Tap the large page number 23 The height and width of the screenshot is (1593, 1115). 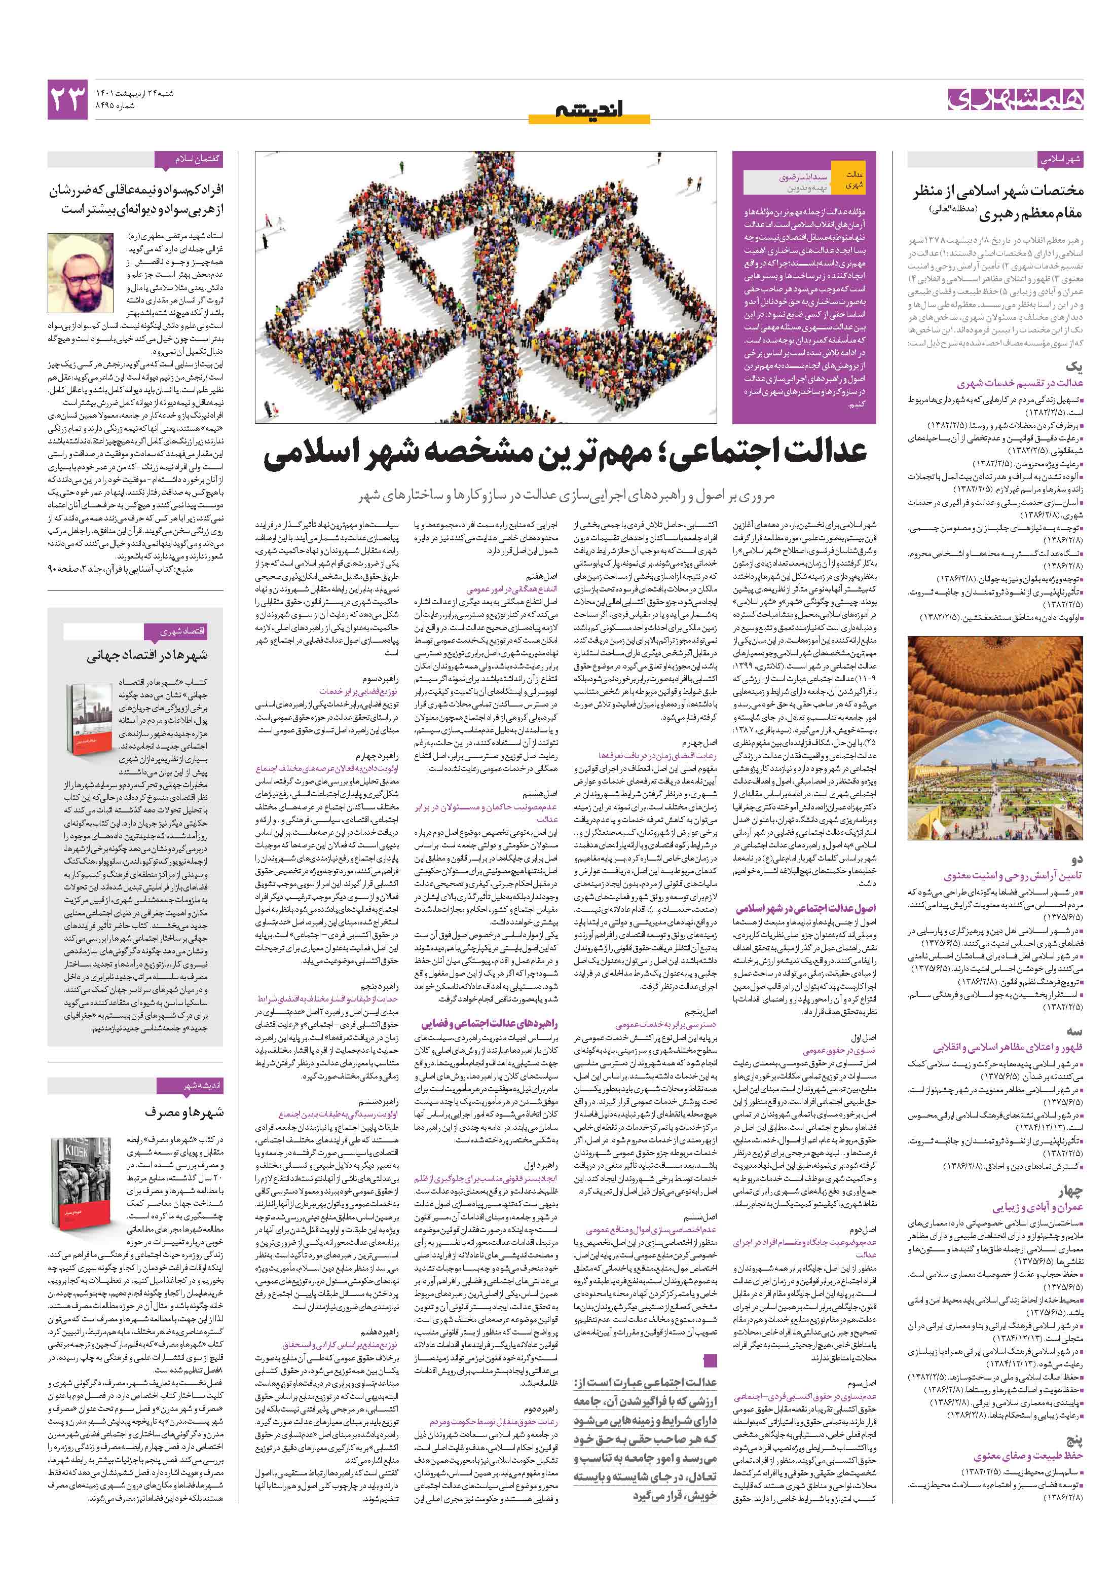coord(68,100)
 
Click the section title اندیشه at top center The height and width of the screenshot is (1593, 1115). coord(589,109)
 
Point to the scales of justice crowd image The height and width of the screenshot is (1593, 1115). coord(486,286)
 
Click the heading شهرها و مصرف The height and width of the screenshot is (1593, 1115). coord(184,1112)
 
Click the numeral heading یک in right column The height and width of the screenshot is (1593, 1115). coord(1073,365)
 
